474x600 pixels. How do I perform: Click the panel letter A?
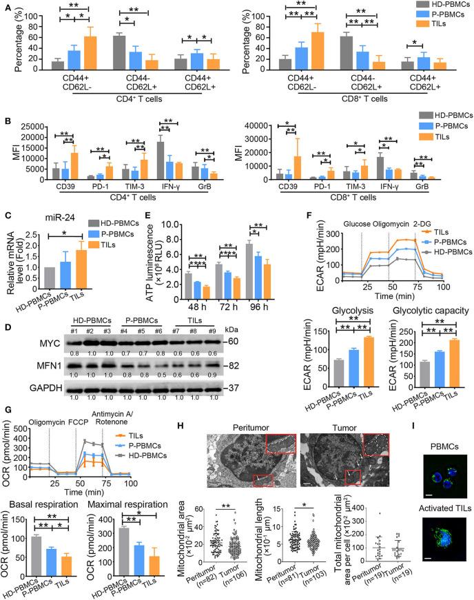[x=6, y=6]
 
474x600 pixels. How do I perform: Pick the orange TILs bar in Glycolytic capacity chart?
[x=434, y=360]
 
